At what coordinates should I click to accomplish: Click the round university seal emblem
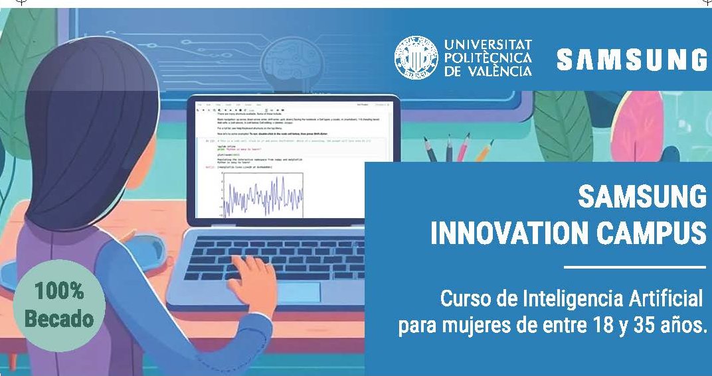tap(416, 58)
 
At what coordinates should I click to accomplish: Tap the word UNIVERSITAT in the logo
tap(488, 44)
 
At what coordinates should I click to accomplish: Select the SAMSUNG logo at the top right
tap(632, 60)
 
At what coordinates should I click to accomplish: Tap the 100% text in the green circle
tap(59, 290)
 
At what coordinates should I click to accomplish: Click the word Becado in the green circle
tap(59, 318)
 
